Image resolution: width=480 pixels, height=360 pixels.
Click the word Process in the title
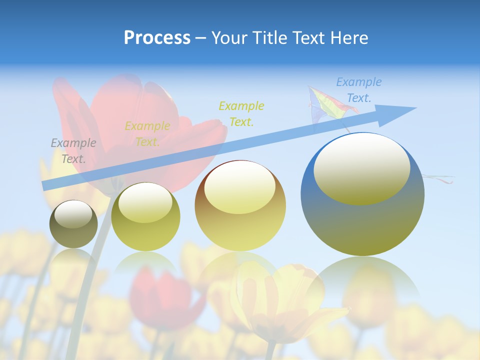pos(157,38)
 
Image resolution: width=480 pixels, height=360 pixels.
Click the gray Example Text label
pos(73,151)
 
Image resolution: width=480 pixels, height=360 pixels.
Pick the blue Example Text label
pos(358,90)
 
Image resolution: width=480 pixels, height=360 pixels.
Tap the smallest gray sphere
pos(73,224)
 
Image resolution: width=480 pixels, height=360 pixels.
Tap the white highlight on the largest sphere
pos(362,168)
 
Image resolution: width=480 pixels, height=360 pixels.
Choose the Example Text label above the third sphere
pos(241,113)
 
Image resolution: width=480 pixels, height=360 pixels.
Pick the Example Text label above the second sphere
pos(147,134)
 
